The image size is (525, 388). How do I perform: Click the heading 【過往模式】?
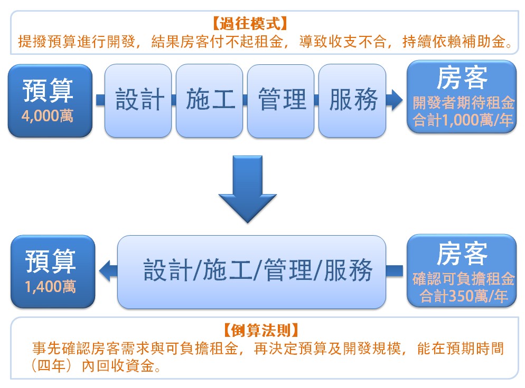pyautogui.click(x=250, y=23)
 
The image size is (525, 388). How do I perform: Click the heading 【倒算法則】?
pyautogui.click(x=261, y=331)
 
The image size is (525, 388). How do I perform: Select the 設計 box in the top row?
pyautogui.click(x=138, y=101)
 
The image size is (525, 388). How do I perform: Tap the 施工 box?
pyautogui.click(x=209, y=101)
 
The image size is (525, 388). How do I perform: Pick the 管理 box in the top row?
pyautogui.click(x=280, y=101)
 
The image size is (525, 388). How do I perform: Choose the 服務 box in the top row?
pyautogui.click(x=352, y=101)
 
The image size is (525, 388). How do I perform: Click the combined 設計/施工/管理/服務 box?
pyautogui.click(x=251, y=271)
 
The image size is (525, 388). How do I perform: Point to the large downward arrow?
pyautogui.click(x=247, y=189)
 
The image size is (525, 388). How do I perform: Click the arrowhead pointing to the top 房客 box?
pyautogui.click(x=396, y=100)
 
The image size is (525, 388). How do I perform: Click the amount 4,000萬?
pyautogui.click(x=47, y=116)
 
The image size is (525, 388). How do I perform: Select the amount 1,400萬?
pyautogui.click(x=50, y=287)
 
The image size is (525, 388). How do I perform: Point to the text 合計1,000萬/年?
pyautogui.click(x=462, y=120)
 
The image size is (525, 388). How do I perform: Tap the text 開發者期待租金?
pyautogui.click(x=463, y=103)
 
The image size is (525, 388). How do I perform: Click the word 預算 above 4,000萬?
pyautogui.click(x=48, y=90)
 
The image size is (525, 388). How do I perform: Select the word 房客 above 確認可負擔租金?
pyautogui.click(x=462, y=254)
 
